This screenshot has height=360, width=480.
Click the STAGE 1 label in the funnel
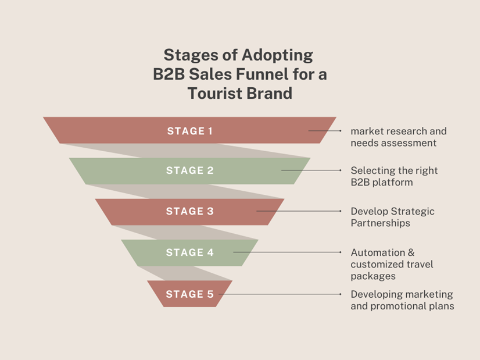(189, 131)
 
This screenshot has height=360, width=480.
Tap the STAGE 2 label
(189, 170)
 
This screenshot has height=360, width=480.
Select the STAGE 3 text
(189, 211)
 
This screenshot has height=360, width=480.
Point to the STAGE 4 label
(189, 252)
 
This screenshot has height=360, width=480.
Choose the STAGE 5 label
(189, 294)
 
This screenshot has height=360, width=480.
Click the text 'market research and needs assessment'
(398, 137)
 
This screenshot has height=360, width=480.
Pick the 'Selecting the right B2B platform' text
(394, 176)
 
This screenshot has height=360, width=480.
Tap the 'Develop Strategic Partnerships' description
(392, 217)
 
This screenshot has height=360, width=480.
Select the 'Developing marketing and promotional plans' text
(402, 300)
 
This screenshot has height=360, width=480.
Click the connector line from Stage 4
(287, 252)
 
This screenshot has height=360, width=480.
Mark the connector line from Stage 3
(299, 211)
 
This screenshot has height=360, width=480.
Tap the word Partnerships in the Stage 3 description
(380, 223)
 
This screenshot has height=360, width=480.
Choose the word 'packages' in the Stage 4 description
(373, 276)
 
